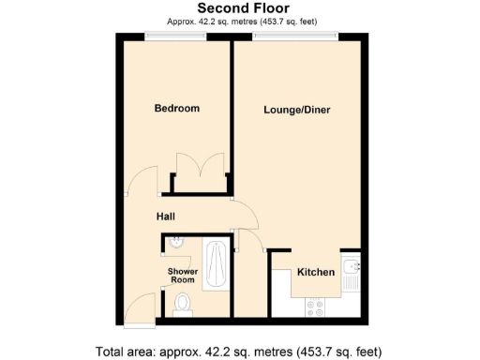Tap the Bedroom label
click(x=176, y=109)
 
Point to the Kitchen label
click(x=316, y=273)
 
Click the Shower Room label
click(x=182, y=276)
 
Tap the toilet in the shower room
click(x=183, y=302)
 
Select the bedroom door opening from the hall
click(x=143, y=182)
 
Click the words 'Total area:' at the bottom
click(x=126, y=352)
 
